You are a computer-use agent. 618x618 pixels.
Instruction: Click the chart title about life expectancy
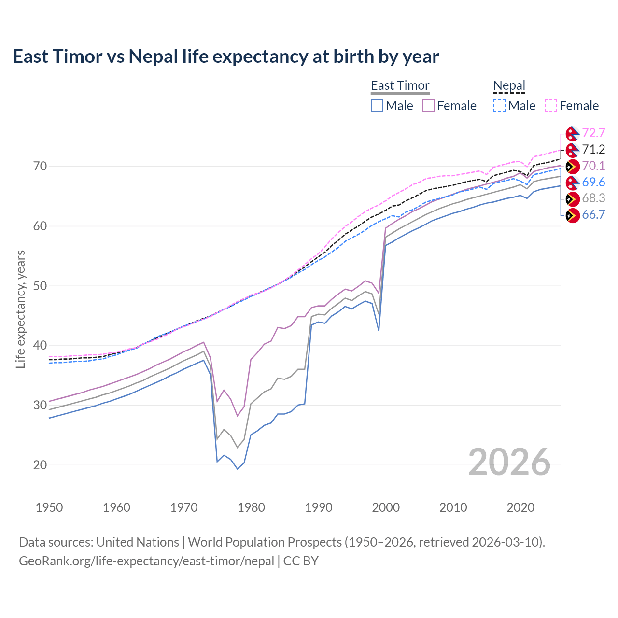click(x=225, y=56)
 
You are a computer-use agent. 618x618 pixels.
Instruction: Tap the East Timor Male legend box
click(x=377, y=106)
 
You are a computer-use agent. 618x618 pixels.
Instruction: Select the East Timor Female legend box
click(x=428, y=106)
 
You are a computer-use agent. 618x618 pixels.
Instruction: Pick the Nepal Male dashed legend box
click(x=499, y=106)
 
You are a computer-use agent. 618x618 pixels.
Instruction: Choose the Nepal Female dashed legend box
click(x=551, y=106)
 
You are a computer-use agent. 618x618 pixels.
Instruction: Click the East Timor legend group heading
click(x=400, y=85)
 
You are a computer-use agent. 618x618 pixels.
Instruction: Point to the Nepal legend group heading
click(x=509, y=85)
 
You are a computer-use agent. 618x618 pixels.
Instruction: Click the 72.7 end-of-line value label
click(x=593, y=133)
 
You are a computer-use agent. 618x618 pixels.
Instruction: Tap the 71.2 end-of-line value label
click(x=593, y=150)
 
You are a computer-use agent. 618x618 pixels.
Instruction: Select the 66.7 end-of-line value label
click(x=593, y=215)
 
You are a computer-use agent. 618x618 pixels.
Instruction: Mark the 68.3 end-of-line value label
click(x=593, y=198)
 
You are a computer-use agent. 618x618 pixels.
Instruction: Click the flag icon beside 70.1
click(x=572, y=167)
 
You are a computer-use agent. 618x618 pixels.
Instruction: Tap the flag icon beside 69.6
click(x=572, y=183)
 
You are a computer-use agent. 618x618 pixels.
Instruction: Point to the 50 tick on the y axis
click(x=40, y=286)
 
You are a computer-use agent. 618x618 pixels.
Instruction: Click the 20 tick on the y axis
click(x=40, y=465)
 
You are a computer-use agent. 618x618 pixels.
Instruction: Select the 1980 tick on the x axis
click(x=251, y=507)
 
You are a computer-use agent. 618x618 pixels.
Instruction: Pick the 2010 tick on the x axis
click(x=453, y=507)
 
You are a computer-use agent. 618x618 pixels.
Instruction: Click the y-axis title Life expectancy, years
click(x=20, y=309)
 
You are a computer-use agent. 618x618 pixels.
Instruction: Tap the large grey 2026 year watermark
click(x=509, y=462)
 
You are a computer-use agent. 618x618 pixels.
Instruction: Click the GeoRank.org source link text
click(x=146, y=561)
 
